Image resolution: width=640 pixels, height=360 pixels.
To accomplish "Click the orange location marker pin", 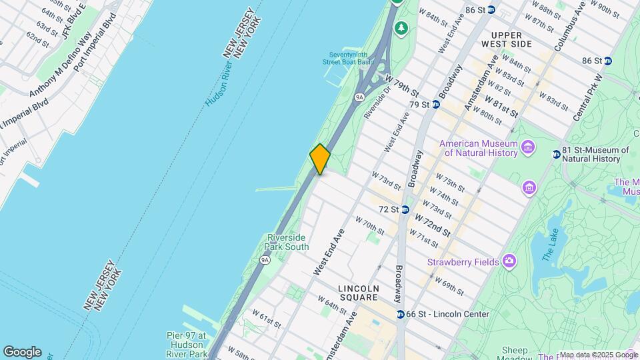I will click(320, 159).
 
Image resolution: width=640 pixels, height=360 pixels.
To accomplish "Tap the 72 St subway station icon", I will click(405, 209).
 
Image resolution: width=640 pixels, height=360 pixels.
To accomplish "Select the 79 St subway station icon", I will click(435, 105).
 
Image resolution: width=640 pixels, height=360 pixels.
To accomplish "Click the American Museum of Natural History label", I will click(478, 149).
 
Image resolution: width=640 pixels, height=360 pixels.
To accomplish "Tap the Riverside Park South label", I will click(287, 242).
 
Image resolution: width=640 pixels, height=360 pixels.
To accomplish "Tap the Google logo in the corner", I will click(22, 351).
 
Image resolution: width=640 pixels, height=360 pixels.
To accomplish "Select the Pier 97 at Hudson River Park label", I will click(186, 341).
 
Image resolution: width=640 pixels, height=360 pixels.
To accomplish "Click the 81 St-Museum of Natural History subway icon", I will click(556, 155).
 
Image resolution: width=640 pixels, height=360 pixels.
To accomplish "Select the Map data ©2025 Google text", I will click(598, 355).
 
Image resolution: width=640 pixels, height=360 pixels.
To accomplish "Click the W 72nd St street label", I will click(432, 225).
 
